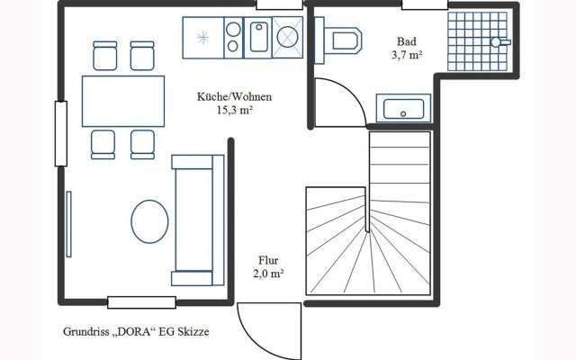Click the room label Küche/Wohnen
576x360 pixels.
[x=234, y=97]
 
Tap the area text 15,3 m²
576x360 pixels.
[x=234, y=110]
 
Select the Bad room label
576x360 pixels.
[x=406, y=41]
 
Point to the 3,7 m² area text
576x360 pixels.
[x=406, y=55]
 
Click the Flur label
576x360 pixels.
[x=268, y=260]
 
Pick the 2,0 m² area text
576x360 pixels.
[x=268, y=274]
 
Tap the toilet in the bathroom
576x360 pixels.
[x=338, y=40]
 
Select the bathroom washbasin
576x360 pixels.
[x=403, y=108]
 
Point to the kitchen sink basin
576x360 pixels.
[x=259, y=37]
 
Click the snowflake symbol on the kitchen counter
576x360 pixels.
[x=202, y=38]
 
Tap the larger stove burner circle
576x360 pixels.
[x=233, y=30]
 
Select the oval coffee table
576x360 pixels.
[x=150, y=221]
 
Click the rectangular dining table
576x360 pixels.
[x=123, y=101]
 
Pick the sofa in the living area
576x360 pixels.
[x=198, y=220]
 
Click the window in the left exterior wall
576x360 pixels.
[x=61, y=134]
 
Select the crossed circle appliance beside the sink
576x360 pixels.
[x=288, y=37]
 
